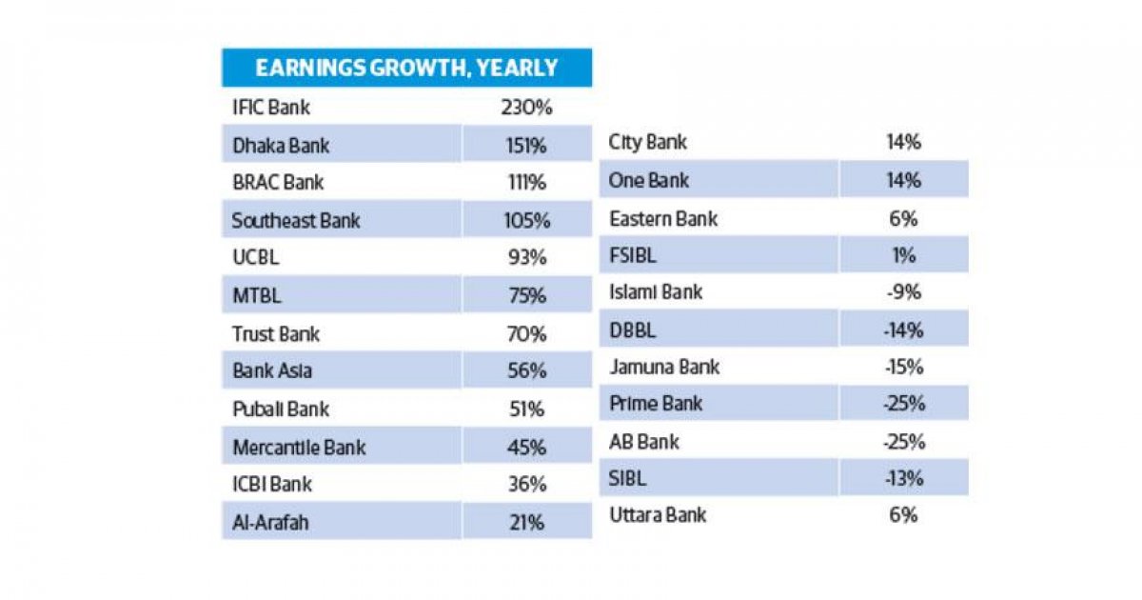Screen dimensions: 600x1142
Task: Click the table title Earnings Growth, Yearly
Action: [x=406, y=69]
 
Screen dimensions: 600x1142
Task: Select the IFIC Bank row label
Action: [x=271, y=108]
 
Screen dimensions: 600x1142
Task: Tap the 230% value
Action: [x=526, y=108]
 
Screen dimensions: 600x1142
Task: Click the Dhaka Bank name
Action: [x=281, y=146]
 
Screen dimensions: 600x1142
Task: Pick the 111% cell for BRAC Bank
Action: [x=526, y=183]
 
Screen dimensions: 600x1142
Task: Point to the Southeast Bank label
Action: [x=296, y=221]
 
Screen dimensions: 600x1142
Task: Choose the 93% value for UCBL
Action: [x=526, y=258]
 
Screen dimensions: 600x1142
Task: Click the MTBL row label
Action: [x=257, y=296]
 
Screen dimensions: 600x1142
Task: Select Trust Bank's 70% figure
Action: [x=526, y=334]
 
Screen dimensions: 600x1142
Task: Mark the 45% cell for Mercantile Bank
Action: [x=526, y=447]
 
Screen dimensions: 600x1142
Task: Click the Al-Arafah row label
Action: [x=270, y=522]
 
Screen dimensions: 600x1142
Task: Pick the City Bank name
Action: [x=647, y=143]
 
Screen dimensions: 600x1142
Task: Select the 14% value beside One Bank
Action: [x=902, y=181]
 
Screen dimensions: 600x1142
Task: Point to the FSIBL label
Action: [x=633, y=255]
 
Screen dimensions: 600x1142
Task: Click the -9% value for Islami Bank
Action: [x=902, y=292]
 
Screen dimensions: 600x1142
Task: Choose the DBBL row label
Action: [x=633, y=330]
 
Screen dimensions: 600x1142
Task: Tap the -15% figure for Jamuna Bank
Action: [x=902, y=367]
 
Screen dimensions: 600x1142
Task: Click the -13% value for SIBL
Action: [x=902, y=478]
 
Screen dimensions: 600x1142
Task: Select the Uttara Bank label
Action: [x=658, y=515]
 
